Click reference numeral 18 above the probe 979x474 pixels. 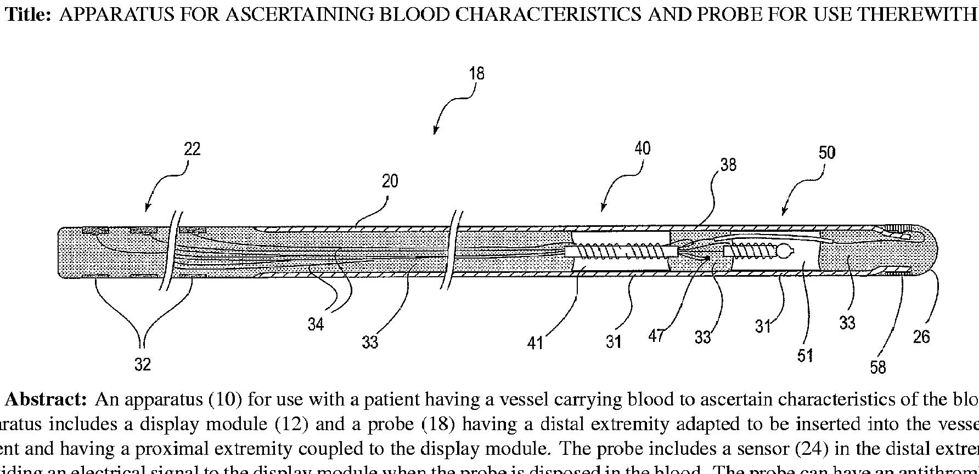476,73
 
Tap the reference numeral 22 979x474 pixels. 192,149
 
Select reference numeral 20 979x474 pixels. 390,181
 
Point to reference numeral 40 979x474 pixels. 642,149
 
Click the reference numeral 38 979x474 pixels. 728,164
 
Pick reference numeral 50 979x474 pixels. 826,152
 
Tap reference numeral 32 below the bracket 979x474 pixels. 142,364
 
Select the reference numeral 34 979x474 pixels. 316,324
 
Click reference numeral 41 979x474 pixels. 534,342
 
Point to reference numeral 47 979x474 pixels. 656,336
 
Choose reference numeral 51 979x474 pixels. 805,356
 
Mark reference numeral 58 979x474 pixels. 878,367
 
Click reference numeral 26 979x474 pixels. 921,336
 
